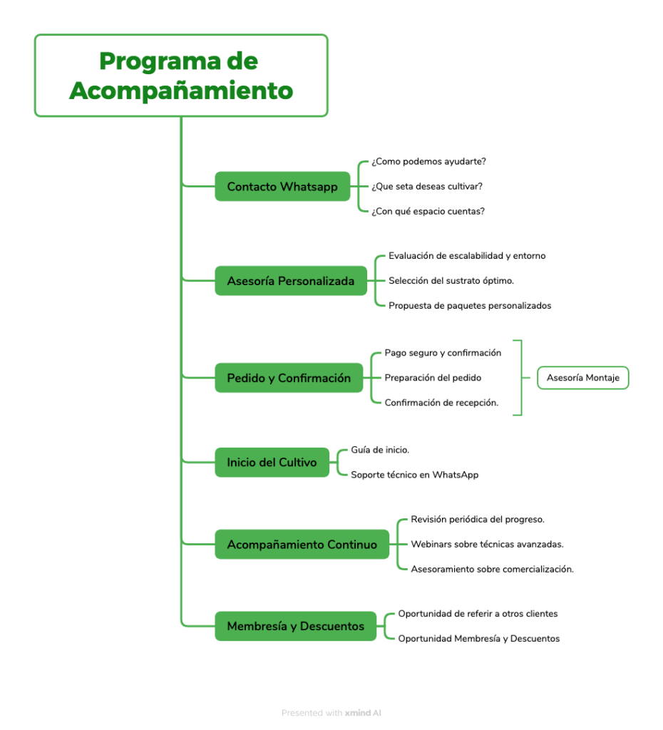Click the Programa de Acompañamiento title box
(181, 76)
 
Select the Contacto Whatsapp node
(282, 186)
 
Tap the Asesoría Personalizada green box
(291, 281)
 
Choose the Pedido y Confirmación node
(289, 378)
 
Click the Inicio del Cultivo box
(272, 462)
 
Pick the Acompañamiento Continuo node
(302, 544)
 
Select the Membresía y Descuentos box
(295, 626)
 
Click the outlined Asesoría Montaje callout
(583, 378)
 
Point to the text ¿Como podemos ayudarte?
(428, 162)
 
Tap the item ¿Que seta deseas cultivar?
(427, 186)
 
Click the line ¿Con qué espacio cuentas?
(428, 211)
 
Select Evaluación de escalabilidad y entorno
(467, 256)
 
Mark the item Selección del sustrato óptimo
(451, 281)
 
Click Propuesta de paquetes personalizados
(470, 305)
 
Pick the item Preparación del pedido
(433, 378)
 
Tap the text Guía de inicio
(380, 450)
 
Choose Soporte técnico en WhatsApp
(414, 475)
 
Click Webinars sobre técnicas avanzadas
(487, 544)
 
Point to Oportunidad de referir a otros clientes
(478, 614)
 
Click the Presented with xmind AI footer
(331, 713)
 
